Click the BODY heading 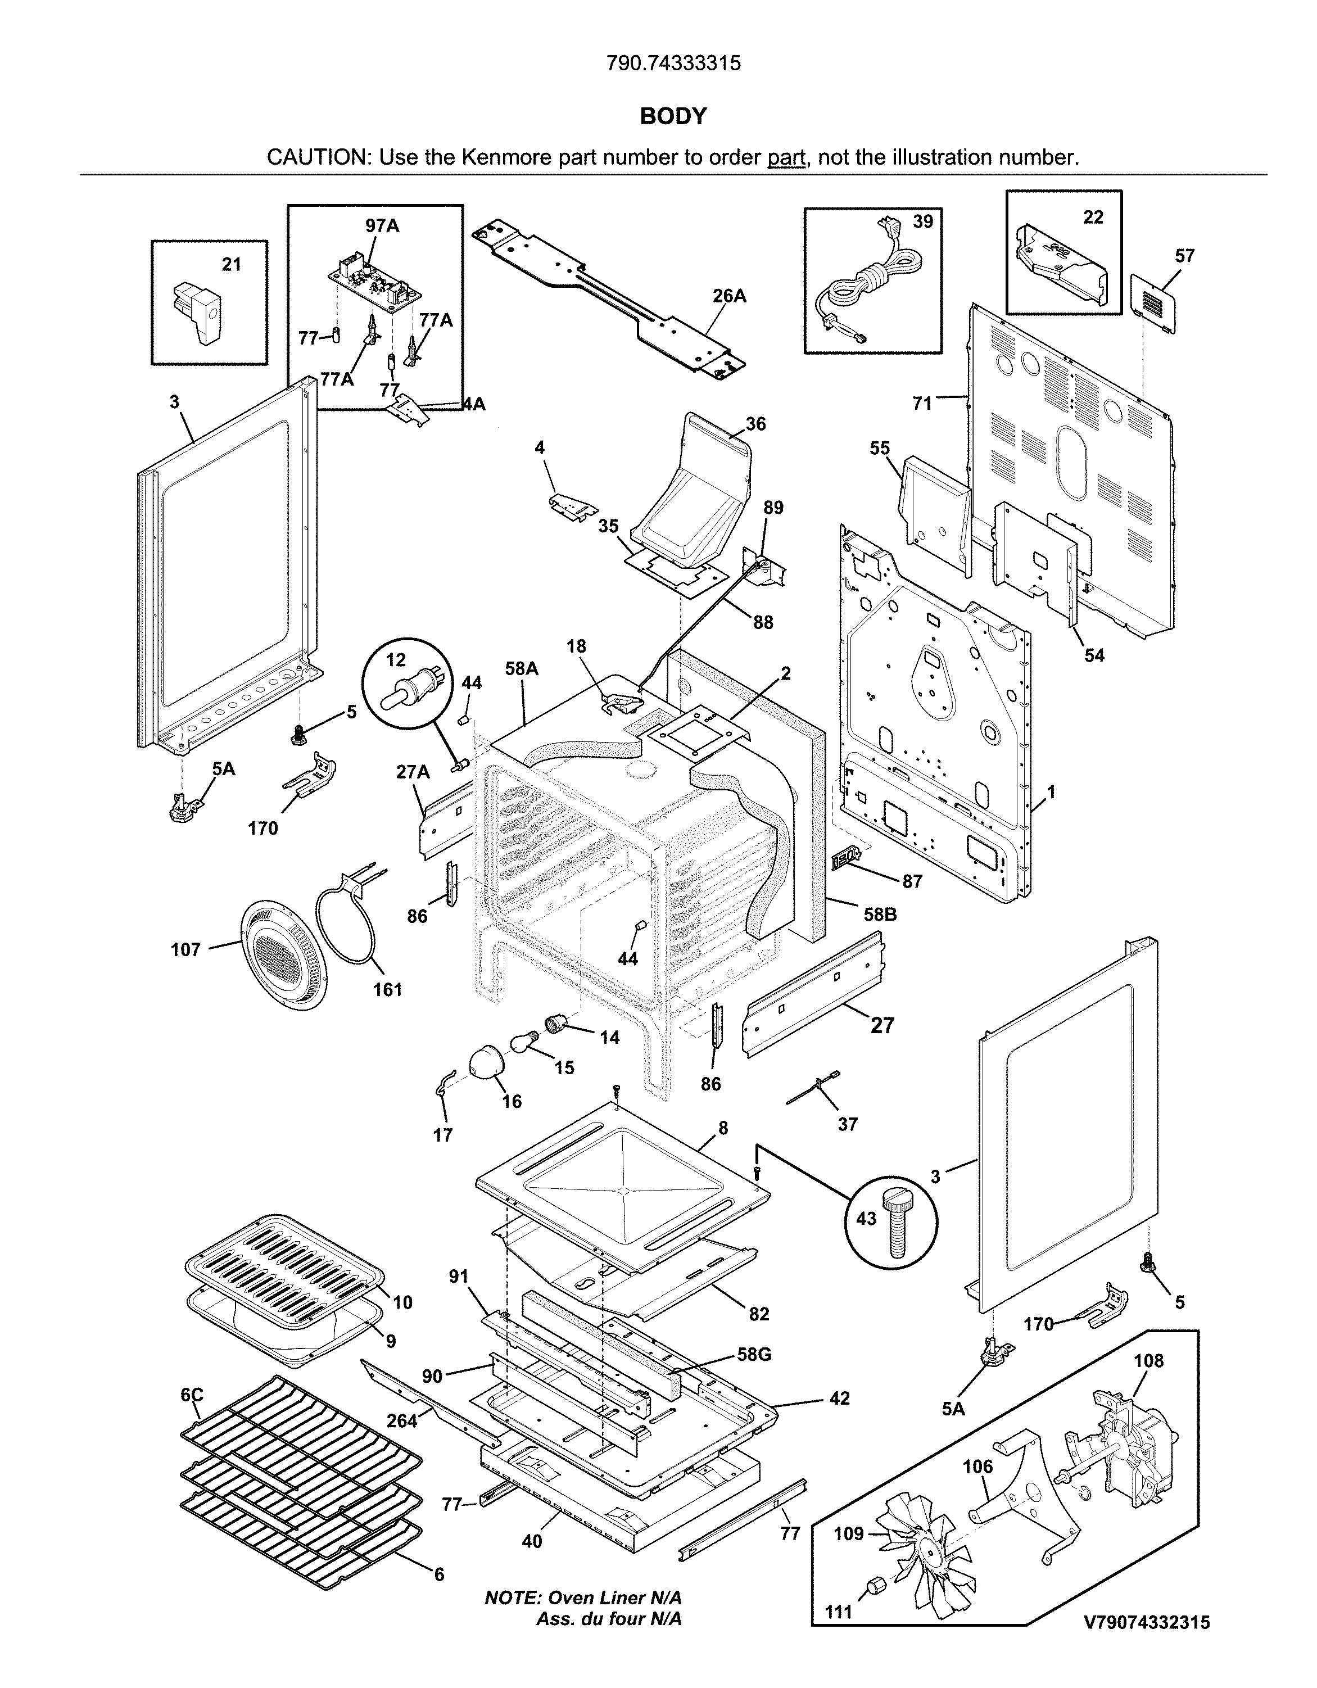point(673,116)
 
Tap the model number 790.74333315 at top point(673,64)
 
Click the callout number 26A point(729,296)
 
